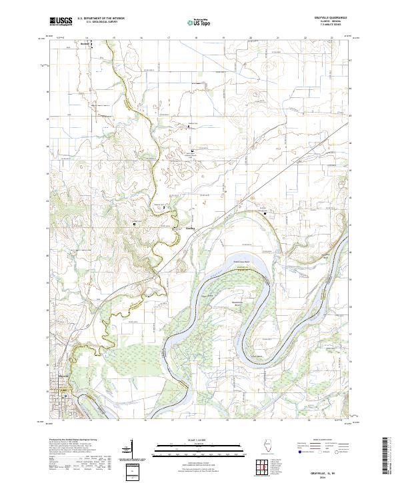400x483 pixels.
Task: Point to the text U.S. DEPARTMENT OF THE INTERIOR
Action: coord(101,19)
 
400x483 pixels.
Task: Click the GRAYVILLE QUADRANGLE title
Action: coord(334,18)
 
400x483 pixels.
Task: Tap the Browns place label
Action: coord(85,45)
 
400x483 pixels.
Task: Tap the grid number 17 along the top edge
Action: coord(169,38)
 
